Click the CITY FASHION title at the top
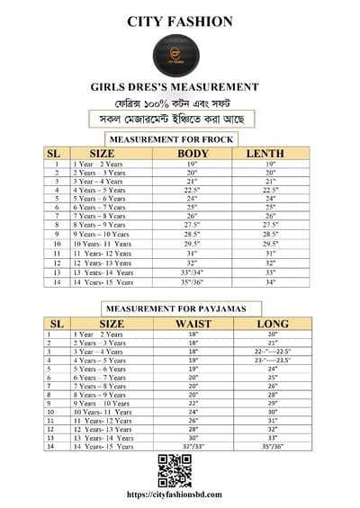click(x=180, y=22)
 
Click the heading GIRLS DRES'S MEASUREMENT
click(x=180, y=87)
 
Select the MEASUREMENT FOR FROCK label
click(x=171, y=139)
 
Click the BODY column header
click(x=193, y=154)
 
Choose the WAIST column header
click(x=193, y=323)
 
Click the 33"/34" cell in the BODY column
click(x=193, y=272)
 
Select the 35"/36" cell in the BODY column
click(x=193, y=281)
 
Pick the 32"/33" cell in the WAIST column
click(x=193, y=446)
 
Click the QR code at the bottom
click(x=175, y=469)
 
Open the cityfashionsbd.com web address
click(x=175, y=494)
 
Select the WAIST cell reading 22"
click(x=193, y=403)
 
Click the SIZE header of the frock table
click(x=103, y=154)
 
